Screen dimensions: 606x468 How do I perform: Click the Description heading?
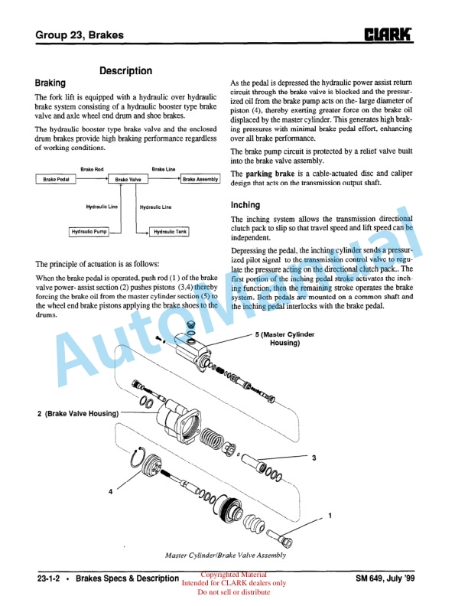pyautogui.click(x=126, y=70)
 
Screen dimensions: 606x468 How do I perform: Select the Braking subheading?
pyautogui.click(x=50, y=83)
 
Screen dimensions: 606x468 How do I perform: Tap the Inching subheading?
pyautogui.click(x=245, y=205)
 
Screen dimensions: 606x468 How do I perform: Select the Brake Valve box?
pyautogui.click(x=128, y=179)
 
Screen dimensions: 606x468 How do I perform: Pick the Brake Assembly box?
pyautogui.click(x=201, y=179)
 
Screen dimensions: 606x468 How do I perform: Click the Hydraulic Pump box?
pyautogui.click(x=89, y=231)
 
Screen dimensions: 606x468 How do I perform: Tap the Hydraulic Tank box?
pyautogui.click(x=167, y=231)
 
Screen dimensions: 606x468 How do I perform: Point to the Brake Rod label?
pyautogui.click(x=93, y=168)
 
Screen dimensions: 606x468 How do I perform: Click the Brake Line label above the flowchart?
pyautogui.click(x=164, y=168)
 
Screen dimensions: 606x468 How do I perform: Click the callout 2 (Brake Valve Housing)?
pyautogui.click(x=78, y=413)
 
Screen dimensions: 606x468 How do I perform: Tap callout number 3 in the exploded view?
pyautogui.click(x=314, y=458)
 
